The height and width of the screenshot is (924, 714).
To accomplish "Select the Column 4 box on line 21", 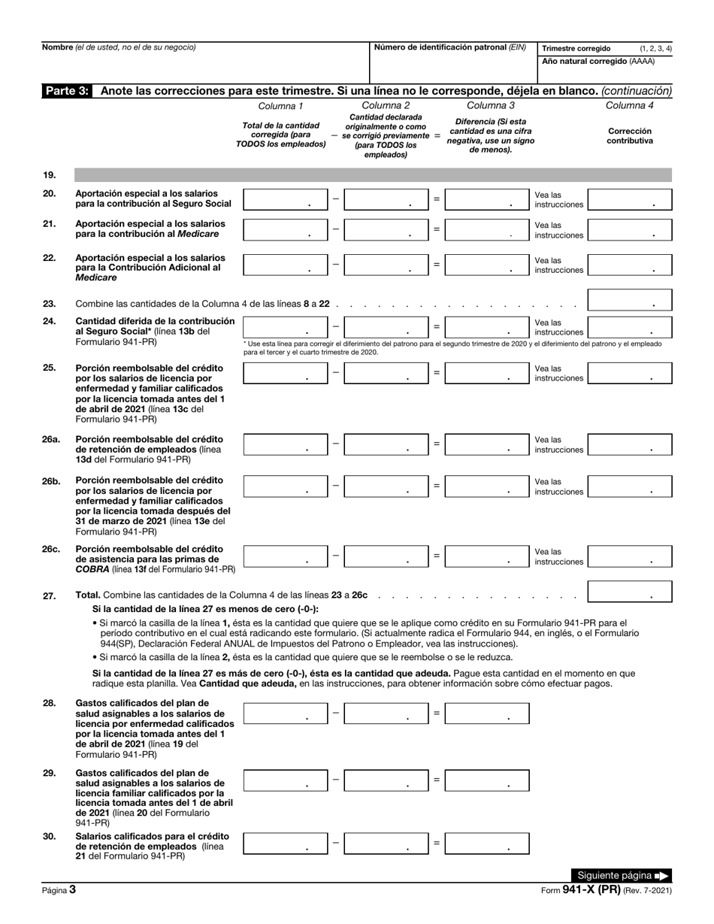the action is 629,230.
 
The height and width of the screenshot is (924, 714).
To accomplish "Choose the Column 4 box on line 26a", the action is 629,444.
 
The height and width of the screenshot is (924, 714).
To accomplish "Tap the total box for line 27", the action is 629,592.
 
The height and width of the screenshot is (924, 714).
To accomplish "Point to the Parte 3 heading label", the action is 68,91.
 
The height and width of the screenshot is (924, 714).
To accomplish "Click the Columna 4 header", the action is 629,105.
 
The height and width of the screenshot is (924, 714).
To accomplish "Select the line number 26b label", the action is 51,480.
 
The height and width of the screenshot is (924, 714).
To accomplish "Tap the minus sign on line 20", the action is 336,199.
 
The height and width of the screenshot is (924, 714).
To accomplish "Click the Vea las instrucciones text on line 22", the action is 558,265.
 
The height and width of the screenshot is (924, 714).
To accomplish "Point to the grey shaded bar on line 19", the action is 373,175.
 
